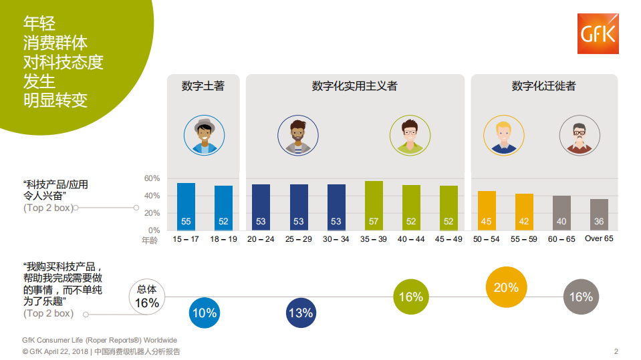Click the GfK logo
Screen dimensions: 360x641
(x=598, y=34)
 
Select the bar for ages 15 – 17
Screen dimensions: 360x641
(x=186, y=206)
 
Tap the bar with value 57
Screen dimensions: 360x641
(x=374, y=206)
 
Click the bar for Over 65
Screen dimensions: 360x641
(x=599, y=214)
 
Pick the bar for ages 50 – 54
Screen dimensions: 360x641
(x=487, y=210)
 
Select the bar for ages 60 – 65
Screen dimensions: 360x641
(x=561, y=213)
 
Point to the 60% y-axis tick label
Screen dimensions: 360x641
(x=152, y=178)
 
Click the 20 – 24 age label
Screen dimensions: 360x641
(x=261, y=239)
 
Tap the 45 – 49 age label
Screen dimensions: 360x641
(x=448, y=239)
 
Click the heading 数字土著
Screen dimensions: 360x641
(x=203, y=86)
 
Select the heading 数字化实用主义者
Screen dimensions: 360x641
(x=354, y=86)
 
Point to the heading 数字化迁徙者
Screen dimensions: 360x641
(x=543, y=86)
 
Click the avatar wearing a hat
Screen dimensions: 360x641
(x=203, y=135)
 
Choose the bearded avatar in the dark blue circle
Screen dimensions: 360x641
(x=297, y=135)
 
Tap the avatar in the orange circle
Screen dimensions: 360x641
(x=504, y=135)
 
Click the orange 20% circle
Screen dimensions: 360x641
(x=506, y=287)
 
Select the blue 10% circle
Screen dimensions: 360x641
(x=204, y=313)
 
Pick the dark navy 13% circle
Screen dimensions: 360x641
(x=301, y=313)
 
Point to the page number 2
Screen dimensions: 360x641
(x=616, y=351)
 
